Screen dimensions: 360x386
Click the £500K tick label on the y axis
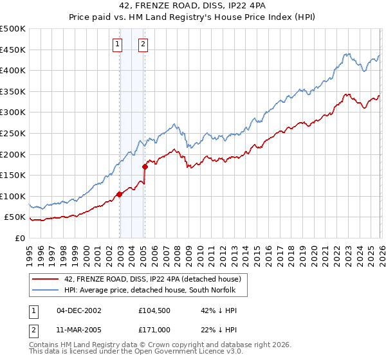[x=13, y=29]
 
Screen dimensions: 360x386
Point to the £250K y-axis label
[x=13, y=134]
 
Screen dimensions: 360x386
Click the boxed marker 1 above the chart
[x=118, y=44]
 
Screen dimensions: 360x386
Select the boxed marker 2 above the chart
[x=143, y=44]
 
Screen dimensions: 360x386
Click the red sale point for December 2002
[x=120, y=194]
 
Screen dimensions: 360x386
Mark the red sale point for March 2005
[x=145, y=166]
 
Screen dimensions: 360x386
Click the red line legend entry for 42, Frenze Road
[x=152, y=279]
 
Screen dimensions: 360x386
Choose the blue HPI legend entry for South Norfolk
[x=151, y=290]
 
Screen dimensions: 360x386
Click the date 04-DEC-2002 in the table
[x=79, y=310]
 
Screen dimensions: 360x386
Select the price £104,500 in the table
[x=154, y=310]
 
